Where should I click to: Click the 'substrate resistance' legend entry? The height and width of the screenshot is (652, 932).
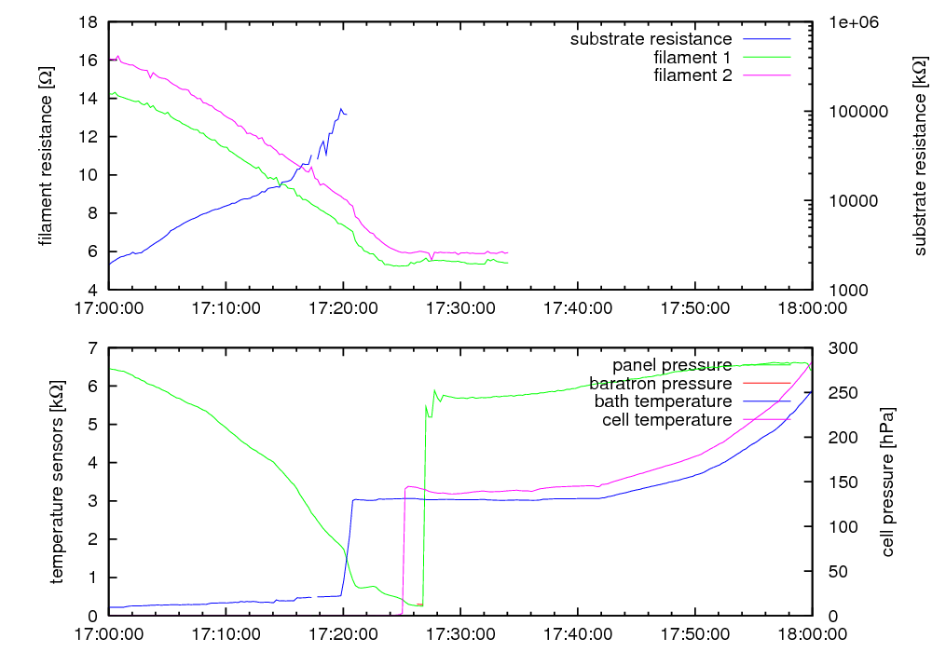click(651, 39)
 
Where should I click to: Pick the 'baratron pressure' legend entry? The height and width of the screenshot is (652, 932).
click(660, 383)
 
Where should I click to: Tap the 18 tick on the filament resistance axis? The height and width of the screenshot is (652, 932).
click(88, 22)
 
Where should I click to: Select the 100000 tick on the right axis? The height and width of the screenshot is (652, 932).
click(843, 112)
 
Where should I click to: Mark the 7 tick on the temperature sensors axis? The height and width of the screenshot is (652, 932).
click(92, 348)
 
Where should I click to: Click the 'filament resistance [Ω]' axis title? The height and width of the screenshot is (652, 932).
click(46, 156)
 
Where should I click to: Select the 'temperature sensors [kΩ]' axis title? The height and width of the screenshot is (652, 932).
click(58, 482)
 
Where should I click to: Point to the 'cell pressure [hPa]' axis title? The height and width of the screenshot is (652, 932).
click(887, 482)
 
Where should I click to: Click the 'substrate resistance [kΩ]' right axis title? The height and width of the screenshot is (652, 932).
click(920, 156)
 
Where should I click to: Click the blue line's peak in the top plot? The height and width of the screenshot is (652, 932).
click(340, 109)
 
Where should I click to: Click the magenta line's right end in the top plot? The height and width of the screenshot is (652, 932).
click(507, 252)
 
